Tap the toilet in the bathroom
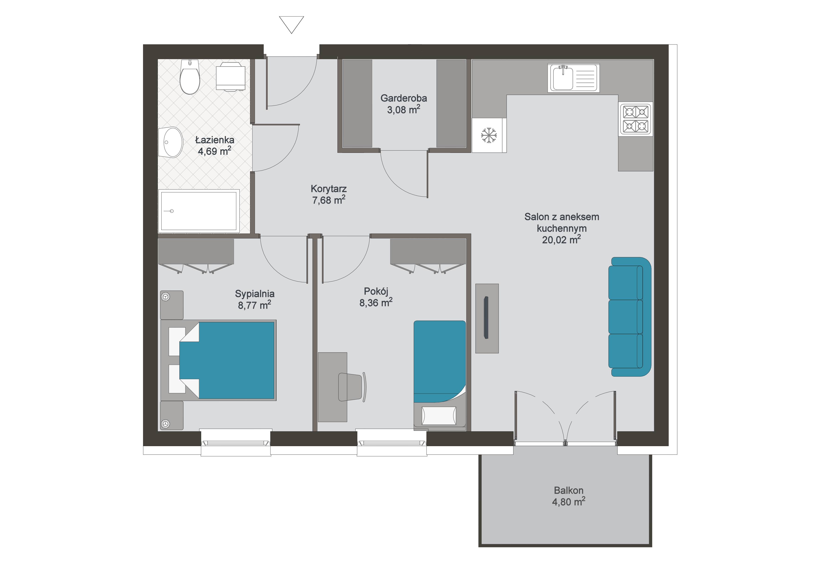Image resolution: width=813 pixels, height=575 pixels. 190,77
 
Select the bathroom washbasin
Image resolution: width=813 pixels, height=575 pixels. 170,142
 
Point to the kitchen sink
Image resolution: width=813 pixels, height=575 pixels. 573,78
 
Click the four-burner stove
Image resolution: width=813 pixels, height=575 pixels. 636,119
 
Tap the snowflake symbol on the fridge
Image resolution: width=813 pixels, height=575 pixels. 489,135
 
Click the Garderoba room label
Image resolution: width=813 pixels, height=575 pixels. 404,98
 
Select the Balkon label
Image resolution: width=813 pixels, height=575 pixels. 568,490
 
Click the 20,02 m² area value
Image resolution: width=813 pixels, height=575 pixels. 562,240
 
